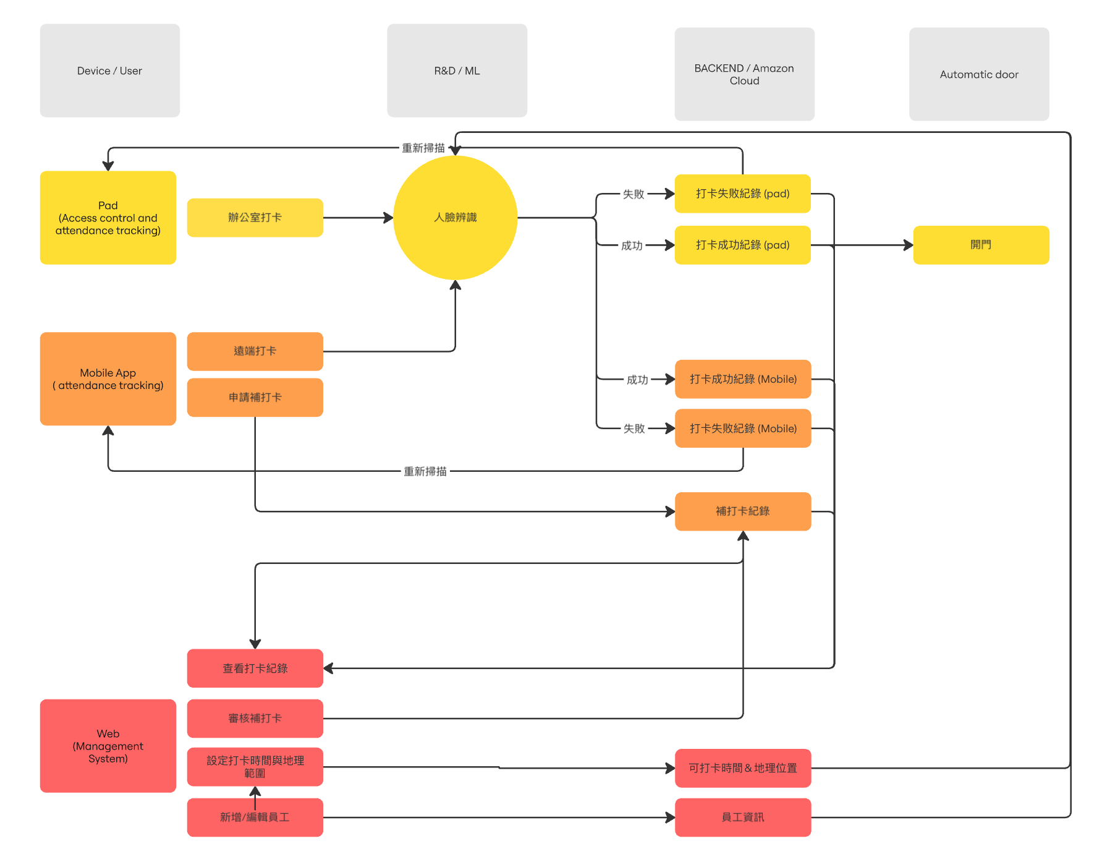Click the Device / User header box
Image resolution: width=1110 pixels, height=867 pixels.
[x=109, y=70]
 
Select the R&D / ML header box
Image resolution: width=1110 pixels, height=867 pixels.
[x=457, y=70]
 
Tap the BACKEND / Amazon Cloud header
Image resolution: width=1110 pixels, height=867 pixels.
[x=744, y=74]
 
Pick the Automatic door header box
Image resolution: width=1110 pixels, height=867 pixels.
[x=979, y=74]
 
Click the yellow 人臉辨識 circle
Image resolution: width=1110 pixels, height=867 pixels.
[x=455, y=218]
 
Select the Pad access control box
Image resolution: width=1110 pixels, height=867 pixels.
[x=108, y=218]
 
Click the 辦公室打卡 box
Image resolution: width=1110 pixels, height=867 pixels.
[x=255, y=218]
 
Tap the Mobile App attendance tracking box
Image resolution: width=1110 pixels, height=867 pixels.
[x=108, y=379]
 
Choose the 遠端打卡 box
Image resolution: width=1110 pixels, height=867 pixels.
[x=255, y=351]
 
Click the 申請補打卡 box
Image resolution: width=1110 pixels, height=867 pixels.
[x=255, y=398]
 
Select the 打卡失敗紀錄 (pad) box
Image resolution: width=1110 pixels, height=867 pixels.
[x=742, y=194]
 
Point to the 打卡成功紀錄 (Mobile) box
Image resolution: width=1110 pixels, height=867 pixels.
[x=743, y=379]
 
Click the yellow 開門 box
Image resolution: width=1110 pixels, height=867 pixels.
[x=981, y=245]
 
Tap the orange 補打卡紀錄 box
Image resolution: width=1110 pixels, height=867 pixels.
[x=743, y=511]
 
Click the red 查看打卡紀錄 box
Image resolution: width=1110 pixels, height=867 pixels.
[x=255, y=668]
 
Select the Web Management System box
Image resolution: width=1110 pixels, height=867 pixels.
[x=108, y=746]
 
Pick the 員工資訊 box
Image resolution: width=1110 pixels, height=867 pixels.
[x=743, y=818]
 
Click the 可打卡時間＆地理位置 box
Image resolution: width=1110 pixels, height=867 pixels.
[x=743, y=768]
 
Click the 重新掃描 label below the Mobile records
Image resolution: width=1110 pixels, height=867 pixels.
[x=425, y=471]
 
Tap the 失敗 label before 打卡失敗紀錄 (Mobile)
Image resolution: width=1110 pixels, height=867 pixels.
[x=634, y=429]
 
